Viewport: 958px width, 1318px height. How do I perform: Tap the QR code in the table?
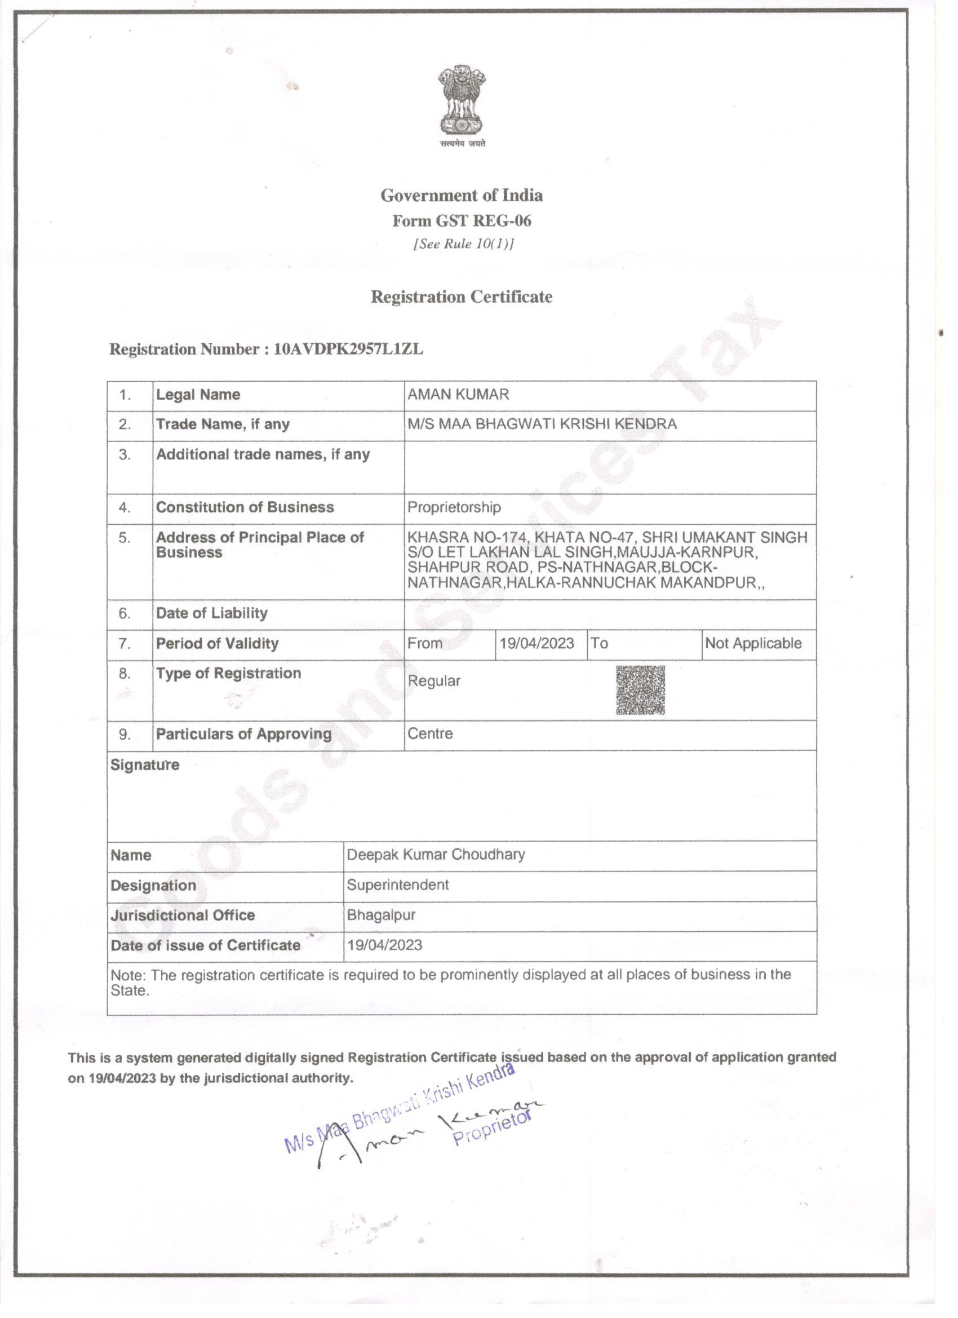[x=640, y=690]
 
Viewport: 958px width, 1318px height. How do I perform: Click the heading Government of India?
[x=462, y=195]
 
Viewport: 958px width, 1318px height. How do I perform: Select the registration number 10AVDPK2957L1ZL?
[x=349, y=350]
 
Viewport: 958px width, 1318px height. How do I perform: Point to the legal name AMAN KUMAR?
[x=458, y=395]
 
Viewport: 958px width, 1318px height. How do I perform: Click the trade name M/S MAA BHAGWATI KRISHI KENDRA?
[x=542, y=424]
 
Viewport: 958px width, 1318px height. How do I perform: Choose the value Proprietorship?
[x=454, y=507]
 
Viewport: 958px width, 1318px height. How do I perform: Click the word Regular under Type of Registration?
[x=434, y=681]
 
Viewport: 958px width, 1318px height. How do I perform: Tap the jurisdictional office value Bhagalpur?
[x=381, y=915]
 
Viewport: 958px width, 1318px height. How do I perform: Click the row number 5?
[x=125, y=538]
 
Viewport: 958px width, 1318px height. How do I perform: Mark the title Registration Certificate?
[x=462, y=297]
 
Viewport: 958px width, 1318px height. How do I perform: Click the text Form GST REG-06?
[x=462, y=221]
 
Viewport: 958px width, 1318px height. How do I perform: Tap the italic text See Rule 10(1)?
[x=463, y=244]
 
